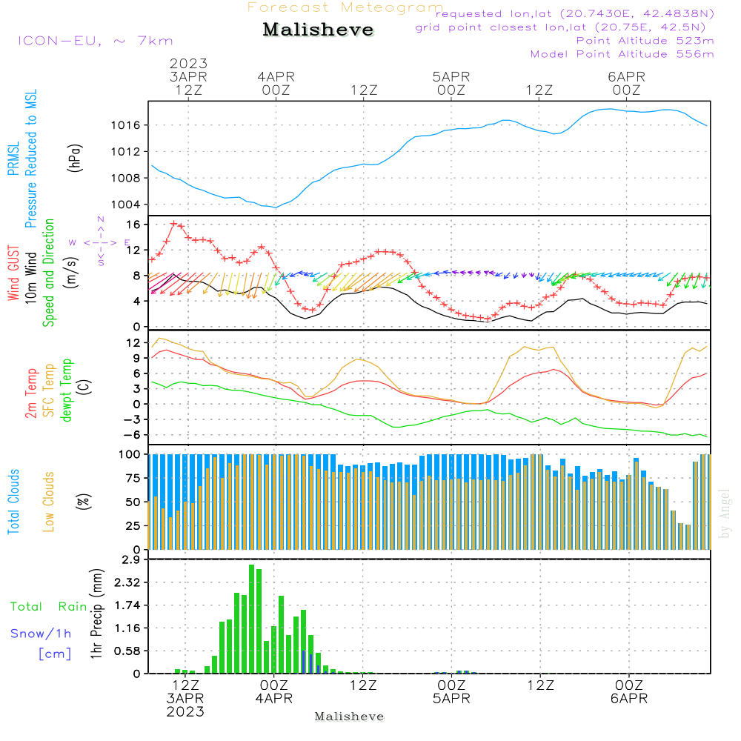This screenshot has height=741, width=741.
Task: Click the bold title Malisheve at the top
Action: tap(318, 30)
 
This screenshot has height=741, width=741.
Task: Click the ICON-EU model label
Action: tap(94, 41)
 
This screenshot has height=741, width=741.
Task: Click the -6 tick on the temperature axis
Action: tap(132, 435)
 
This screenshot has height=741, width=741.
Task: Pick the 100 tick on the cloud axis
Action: tap(130, 453)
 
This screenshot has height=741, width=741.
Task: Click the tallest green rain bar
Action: tap(252, 619)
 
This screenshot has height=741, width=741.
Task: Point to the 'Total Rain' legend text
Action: tap(48, 607)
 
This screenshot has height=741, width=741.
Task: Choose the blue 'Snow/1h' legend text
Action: tap(41, 634)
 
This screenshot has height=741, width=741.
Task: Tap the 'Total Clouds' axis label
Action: tap(14, 502)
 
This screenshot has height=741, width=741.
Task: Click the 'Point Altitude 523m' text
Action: tap(645, 41)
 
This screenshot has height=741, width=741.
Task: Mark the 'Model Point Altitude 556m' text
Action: tap(622, 54)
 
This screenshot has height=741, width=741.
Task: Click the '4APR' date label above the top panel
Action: tap(276, 76)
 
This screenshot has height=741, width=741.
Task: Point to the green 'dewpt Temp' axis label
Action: tap(67, 391)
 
